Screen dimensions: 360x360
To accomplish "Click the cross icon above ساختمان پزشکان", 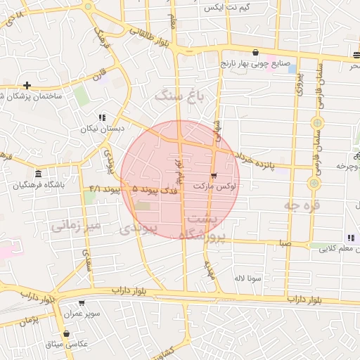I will (27, 85).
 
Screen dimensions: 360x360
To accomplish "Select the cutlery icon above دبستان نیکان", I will (102, 118).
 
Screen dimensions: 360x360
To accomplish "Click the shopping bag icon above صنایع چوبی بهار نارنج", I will (255, 53).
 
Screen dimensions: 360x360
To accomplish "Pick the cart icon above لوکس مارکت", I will (214, 175).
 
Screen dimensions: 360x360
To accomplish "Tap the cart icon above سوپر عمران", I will (82, 304).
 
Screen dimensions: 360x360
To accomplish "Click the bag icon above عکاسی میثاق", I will (66, 333).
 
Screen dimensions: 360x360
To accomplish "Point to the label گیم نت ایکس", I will (226, 7).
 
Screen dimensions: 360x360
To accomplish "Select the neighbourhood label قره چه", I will (302, 205).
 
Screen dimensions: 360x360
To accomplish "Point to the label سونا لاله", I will (248, 278).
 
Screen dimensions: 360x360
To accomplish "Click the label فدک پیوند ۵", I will (155, 190).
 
